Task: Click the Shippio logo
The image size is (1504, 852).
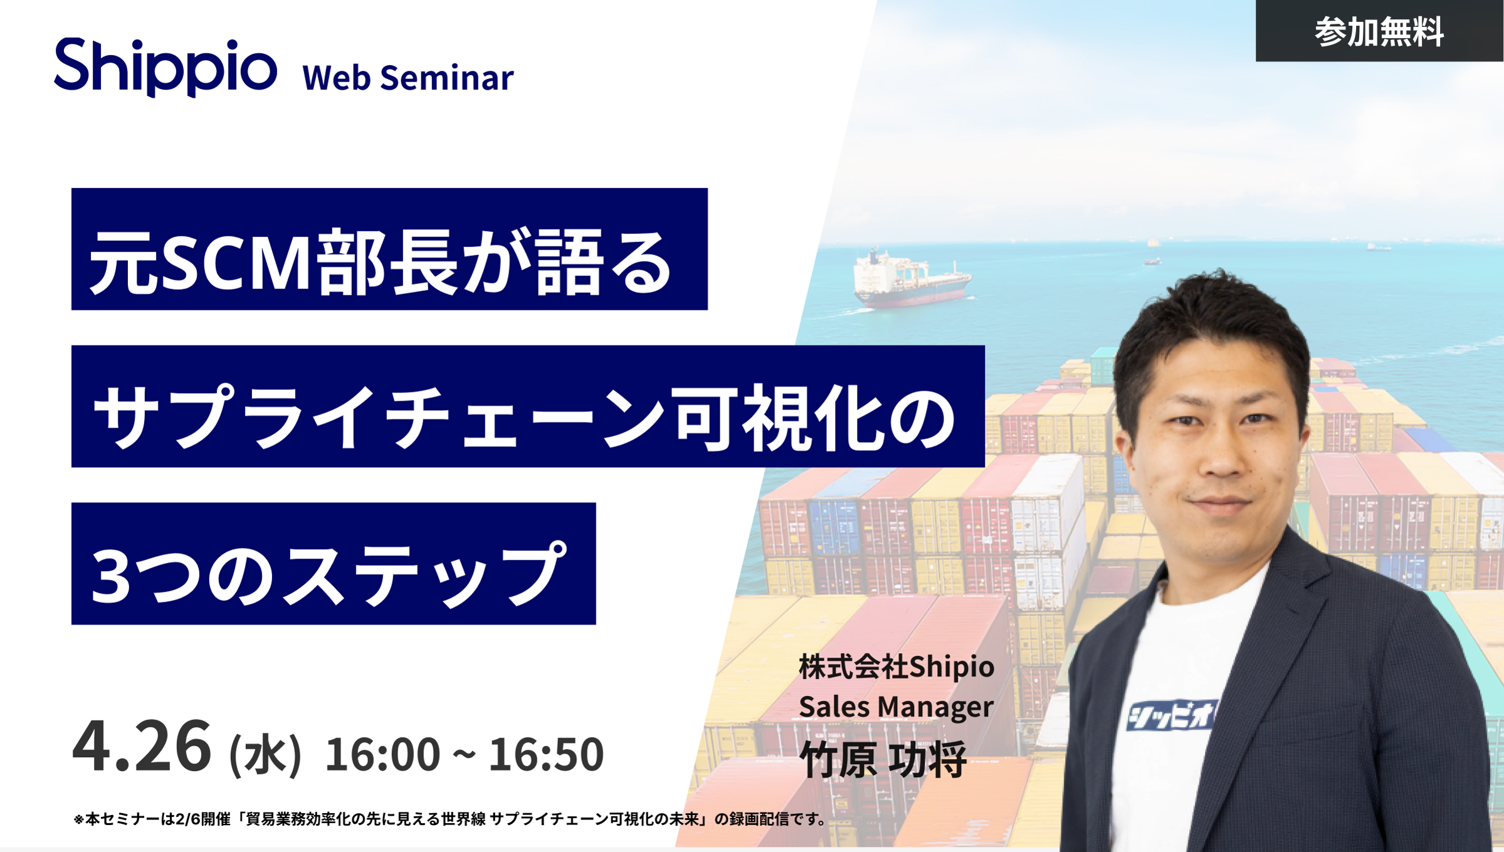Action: click(166, 67)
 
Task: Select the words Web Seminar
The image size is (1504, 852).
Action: click(408, 78)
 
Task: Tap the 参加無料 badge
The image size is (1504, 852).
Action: click(1379, 31)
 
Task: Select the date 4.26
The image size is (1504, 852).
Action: click(142, 747)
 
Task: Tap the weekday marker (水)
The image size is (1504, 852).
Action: click(266, 755)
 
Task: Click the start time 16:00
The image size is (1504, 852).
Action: click(382, 754)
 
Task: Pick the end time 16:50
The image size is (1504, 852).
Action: click(546, 754)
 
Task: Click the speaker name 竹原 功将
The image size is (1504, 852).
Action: click(883, 760)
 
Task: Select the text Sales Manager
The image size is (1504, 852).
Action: click(896, 707)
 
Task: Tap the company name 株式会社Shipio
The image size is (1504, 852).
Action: click(897, 666)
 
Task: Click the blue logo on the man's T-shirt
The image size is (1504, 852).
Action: click(1170, 715)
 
